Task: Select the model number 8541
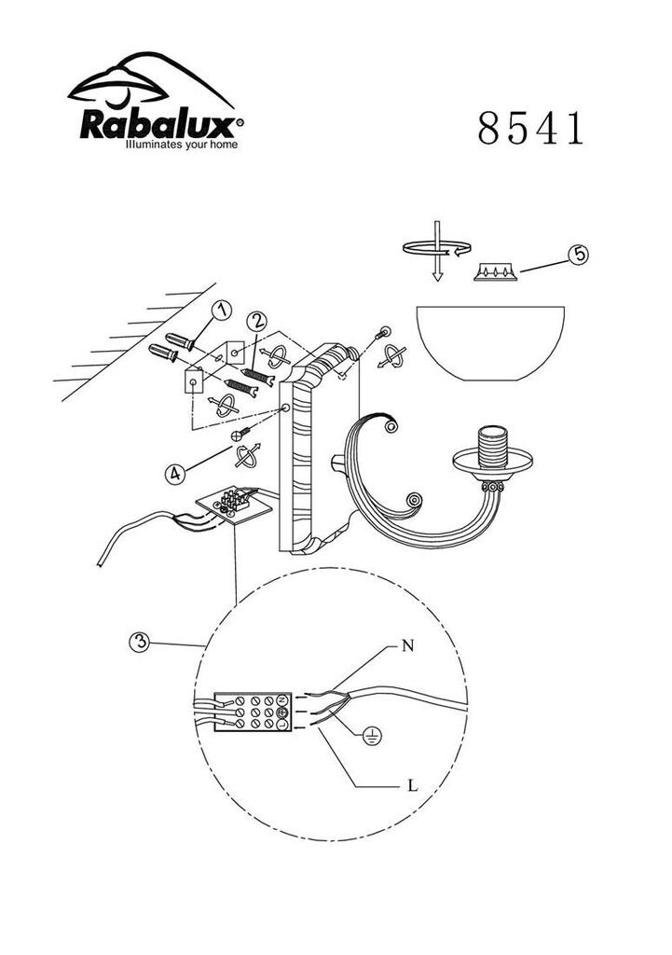530,129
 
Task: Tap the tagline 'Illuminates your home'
182,145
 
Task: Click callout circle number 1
221,311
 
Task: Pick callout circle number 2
256,321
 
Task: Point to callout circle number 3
140,642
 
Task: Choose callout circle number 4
175,473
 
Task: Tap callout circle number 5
579,254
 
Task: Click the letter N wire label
408,645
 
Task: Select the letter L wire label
413,785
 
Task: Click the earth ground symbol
371,738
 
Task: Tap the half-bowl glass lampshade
490,343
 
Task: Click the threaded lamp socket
492,447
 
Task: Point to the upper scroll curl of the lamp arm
390,425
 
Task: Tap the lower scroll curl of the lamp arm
413,502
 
